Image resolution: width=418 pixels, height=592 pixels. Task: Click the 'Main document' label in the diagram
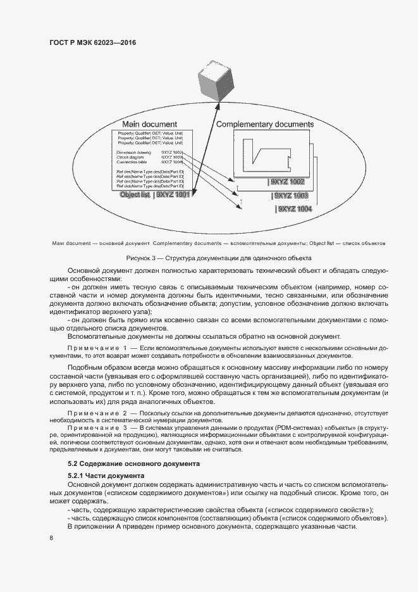point(149,124)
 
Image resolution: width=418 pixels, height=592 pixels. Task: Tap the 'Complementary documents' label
point(265,124)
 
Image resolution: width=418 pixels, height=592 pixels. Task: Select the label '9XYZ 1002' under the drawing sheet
point(287,182)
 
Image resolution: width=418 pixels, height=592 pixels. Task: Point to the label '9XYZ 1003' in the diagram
point(291,196)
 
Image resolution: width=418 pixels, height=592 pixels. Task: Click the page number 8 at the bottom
point(51,538)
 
